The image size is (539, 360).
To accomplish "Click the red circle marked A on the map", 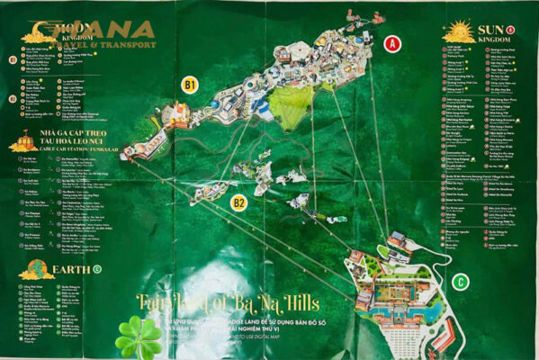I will point(391,42).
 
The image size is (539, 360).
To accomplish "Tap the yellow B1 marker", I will point(189,85).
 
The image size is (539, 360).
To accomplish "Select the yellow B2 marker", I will point(238,202).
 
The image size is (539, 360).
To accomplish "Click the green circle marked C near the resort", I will point(461,282).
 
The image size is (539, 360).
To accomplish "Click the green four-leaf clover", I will point(138,337).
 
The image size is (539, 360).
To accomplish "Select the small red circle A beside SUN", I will point(511,30).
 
